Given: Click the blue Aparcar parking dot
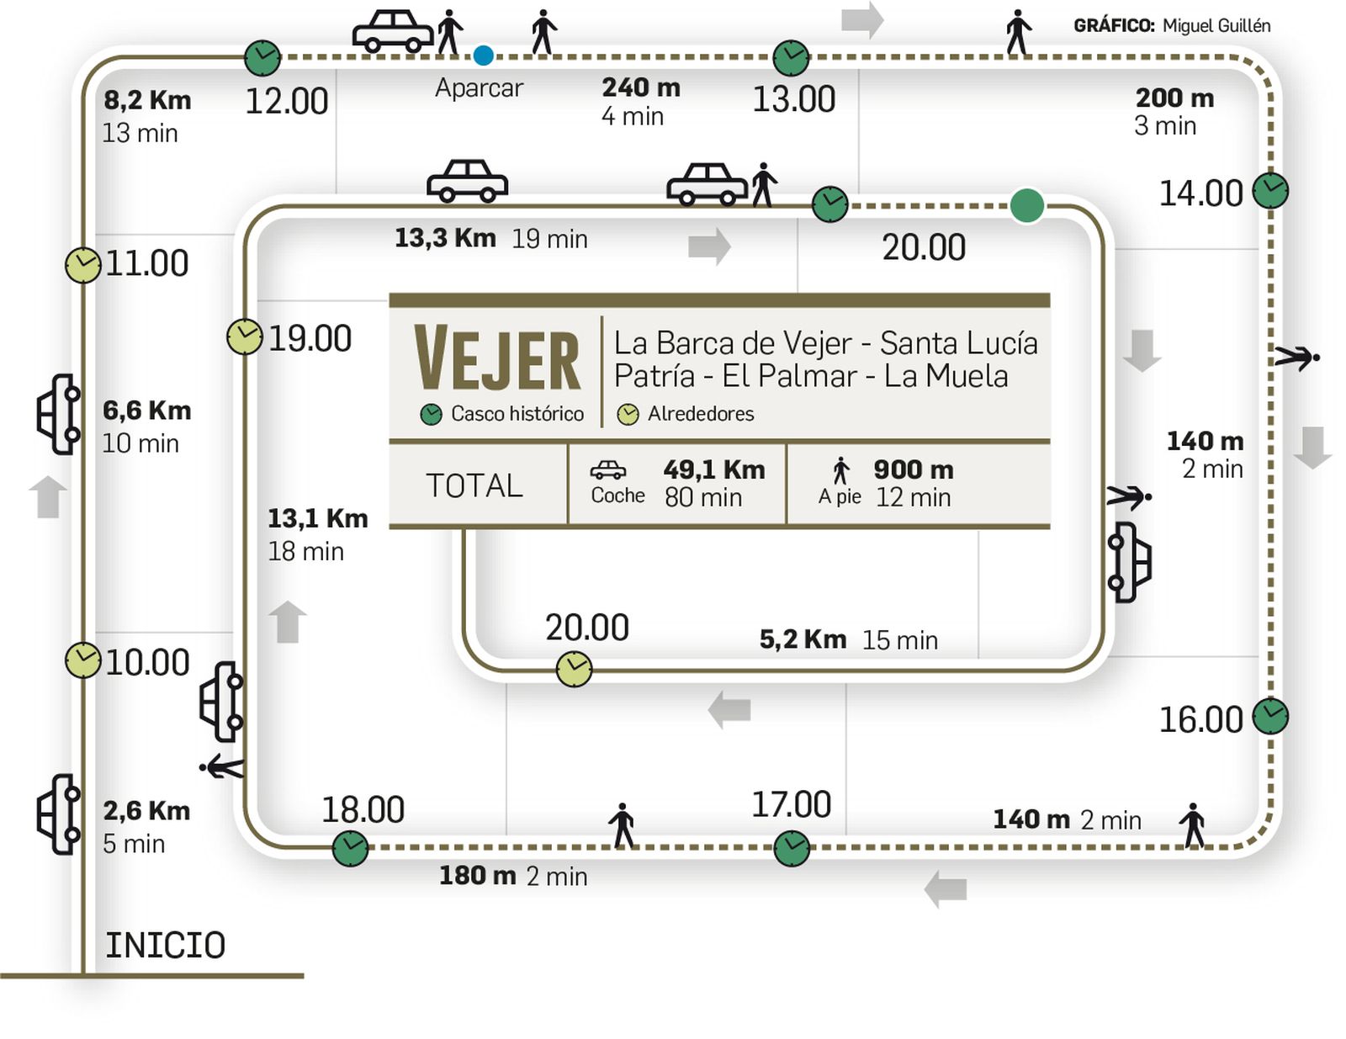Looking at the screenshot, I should click(483, 56).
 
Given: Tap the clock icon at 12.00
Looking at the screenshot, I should click(262, 57).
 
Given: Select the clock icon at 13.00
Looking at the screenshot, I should click(791, 57).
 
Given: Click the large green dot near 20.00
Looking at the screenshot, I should click(1026, 205).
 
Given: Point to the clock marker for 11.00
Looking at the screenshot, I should click(82, 265).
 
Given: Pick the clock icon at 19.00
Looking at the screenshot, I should click(244, 337).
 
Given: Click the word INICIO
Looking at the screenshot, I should click(165, 946).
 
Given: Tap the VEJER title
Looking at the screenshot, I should click(497, 360).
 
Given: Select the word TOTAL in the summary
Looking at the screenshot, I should click(474, 485).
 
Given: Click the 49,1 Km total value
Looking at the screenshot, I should click(713, 469).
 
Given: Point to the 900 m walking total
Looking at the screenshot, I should click(913, 469).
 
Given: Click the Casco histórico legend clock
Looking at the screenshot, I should click(431, 414).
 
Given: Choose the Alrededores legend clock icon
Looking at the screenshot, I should click(628, 414).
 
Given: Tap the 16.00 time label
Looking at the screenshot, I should click(1200, 720).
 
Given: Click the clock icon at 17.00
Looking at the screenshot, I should click(791, 848).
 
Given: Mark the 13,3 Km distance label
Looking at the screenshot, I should click(445, 238).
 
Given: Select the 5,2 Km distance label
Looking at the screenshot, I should click(803, 639).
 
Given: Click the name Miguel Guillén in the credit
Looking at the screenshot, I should click(1216, 26).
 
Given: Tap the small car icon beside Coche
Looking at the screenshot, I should click(607, 469).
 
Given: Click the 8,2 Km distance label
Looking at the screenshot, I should click(147, 100).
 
